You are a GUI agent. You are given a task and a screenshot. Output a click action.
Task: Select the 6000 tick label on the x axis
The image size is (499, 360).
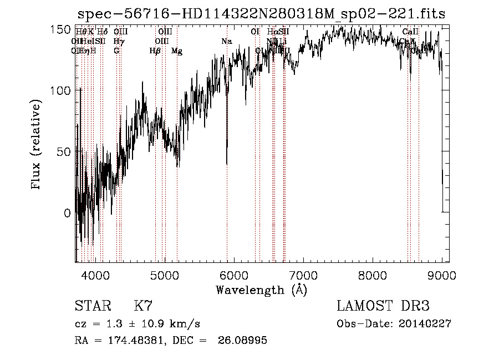point(233,273)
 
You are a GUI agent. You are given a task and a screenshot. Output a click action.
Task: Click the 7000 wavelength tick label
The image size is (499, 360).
point(303,273)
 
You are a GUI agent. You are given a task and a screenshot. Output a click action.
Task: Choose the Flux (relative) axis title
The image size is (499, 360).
point(37,145)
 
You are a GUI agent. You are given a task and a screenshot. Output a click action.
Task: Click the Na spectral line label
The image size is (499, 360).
point(226,42)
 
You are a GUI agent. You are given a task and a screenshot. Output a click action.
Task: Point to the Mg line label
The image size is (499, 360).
point(177,51)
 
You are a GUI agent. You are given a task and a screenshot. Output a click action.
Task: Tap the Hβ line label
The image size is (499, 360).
point(155,51)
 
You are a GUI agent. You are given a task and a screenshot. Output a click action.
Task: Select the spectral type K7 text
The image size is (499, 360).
point(143,306)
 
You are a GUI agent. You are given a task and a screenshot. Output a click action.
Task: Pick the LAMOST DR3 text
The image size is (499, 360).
point(383,306)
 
